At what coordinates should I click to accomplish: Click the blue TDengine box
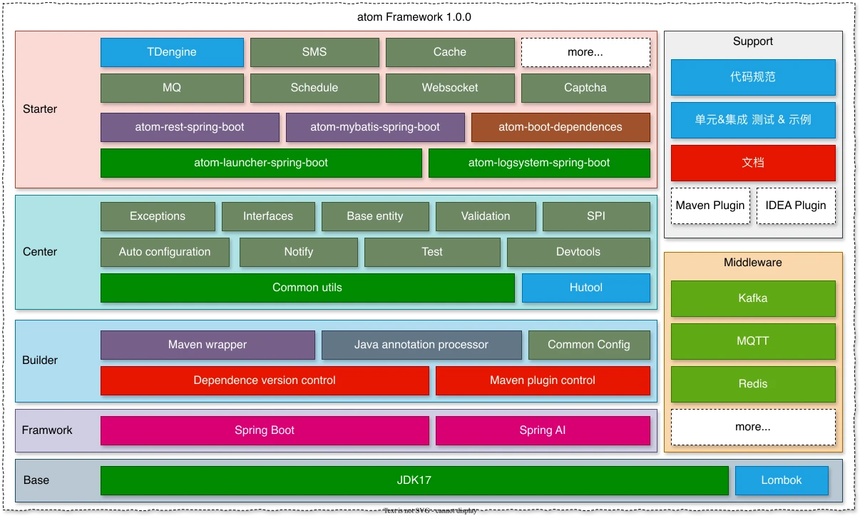pyautogui.click(x=172, y=52)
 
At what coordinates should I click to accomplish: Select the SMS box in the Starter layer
pyautogui.click(x=314, y=52)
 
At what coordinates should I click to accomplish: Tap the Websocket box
pyautogui.click(x=450, y=88)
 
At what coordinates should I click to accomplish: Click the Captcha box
pyautogui.click(x=585, y=88)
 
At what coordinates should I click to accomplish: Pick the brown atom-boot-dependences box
pyautogui.click(x=560, y=127)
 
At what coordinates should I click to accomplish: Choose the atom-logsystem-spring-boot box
pyautogui.click(x=539, y=163)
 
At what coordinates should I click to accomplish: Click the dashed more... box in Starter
pyautogui.click(x=585, y=52)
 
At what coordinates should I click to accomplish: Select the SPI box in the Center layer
pyautogui.click(x=596, y=216)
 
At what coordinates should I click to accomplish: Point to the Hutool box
pyautogui.click(x=586, y=288)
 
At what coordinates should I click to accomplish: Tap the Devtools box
pyautogui.click(x=578, y=252)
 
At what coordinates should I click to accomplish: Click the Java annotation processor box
pyautogui.click(x=421, y=345)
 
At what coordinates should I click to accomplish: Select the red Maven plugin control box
pyautogui.click(x=543, y=380)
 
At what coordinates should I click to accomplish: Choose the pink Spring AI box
pyautogui.click(x=543, y=430)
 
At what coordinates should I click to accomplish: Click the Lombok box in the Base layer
pyautogui.click(x=782, y=480)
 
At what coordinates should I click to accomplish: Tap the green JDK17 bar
pyautogui.click(x=414, y=480)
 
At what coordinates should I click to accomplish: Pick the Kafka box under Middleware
pyautogui.click(x=753, y=298)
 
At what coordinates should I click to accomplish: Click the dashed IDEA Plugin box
pyautogui.click(x=796, y=206)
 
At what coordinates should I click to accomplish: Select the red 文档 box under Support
pyautogui.click(x=753, y=163)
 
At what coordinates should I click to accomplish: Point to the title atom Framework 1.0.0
pyautogui.click(x=414, y=17)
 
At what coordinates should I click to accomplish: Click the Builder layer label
pyautogui.click(x=40, y=360)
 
